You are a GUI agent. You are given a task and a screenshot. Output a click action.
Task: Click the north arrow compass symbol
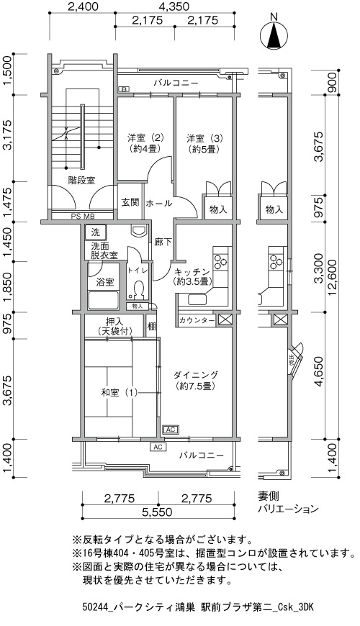pyautogui.click(x=274, y=32)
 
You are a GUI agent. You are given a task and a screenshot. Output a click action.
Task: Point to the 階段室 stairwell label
pyautogui.click(x=81, y=180)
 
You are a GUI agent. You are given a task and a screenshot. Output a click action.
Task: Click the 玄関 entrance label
pyautogui.click(x=130, y=202)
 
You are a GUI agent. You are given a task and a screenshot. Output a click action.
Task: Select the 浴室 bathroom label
pyautogui.click(x=105, y=282)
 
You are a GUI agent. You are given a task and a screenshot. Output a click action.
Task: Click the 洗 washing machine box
pyautogui.click(x=95, y=232)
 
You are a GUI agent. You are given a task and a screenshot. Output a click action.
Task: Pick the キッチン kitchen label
pyautogui.click(x=192, y=276)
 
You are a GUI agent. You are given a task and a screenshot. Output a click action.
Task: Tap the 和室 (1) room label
pyautogui.click(x=119, y=393)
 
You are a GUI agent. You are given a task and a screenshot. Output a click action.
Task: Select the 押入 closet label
pyautogui.click(x=114, y=326)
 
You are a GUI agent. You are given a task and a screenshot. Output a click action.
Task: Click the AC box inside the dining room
pyautogui.click(x=171, y=430)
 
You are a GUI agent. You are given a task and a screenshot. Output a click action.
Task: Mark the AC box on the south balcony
pyautogui.click(x=158, y=447)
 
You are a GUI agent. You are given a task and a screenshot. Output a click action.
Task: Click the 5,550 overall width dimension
pyautogui.click(x=158, y=512)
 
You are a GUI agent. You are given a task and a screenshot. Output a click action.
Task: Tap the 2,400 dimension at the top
pyautogui.click(x=83, y=6)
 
